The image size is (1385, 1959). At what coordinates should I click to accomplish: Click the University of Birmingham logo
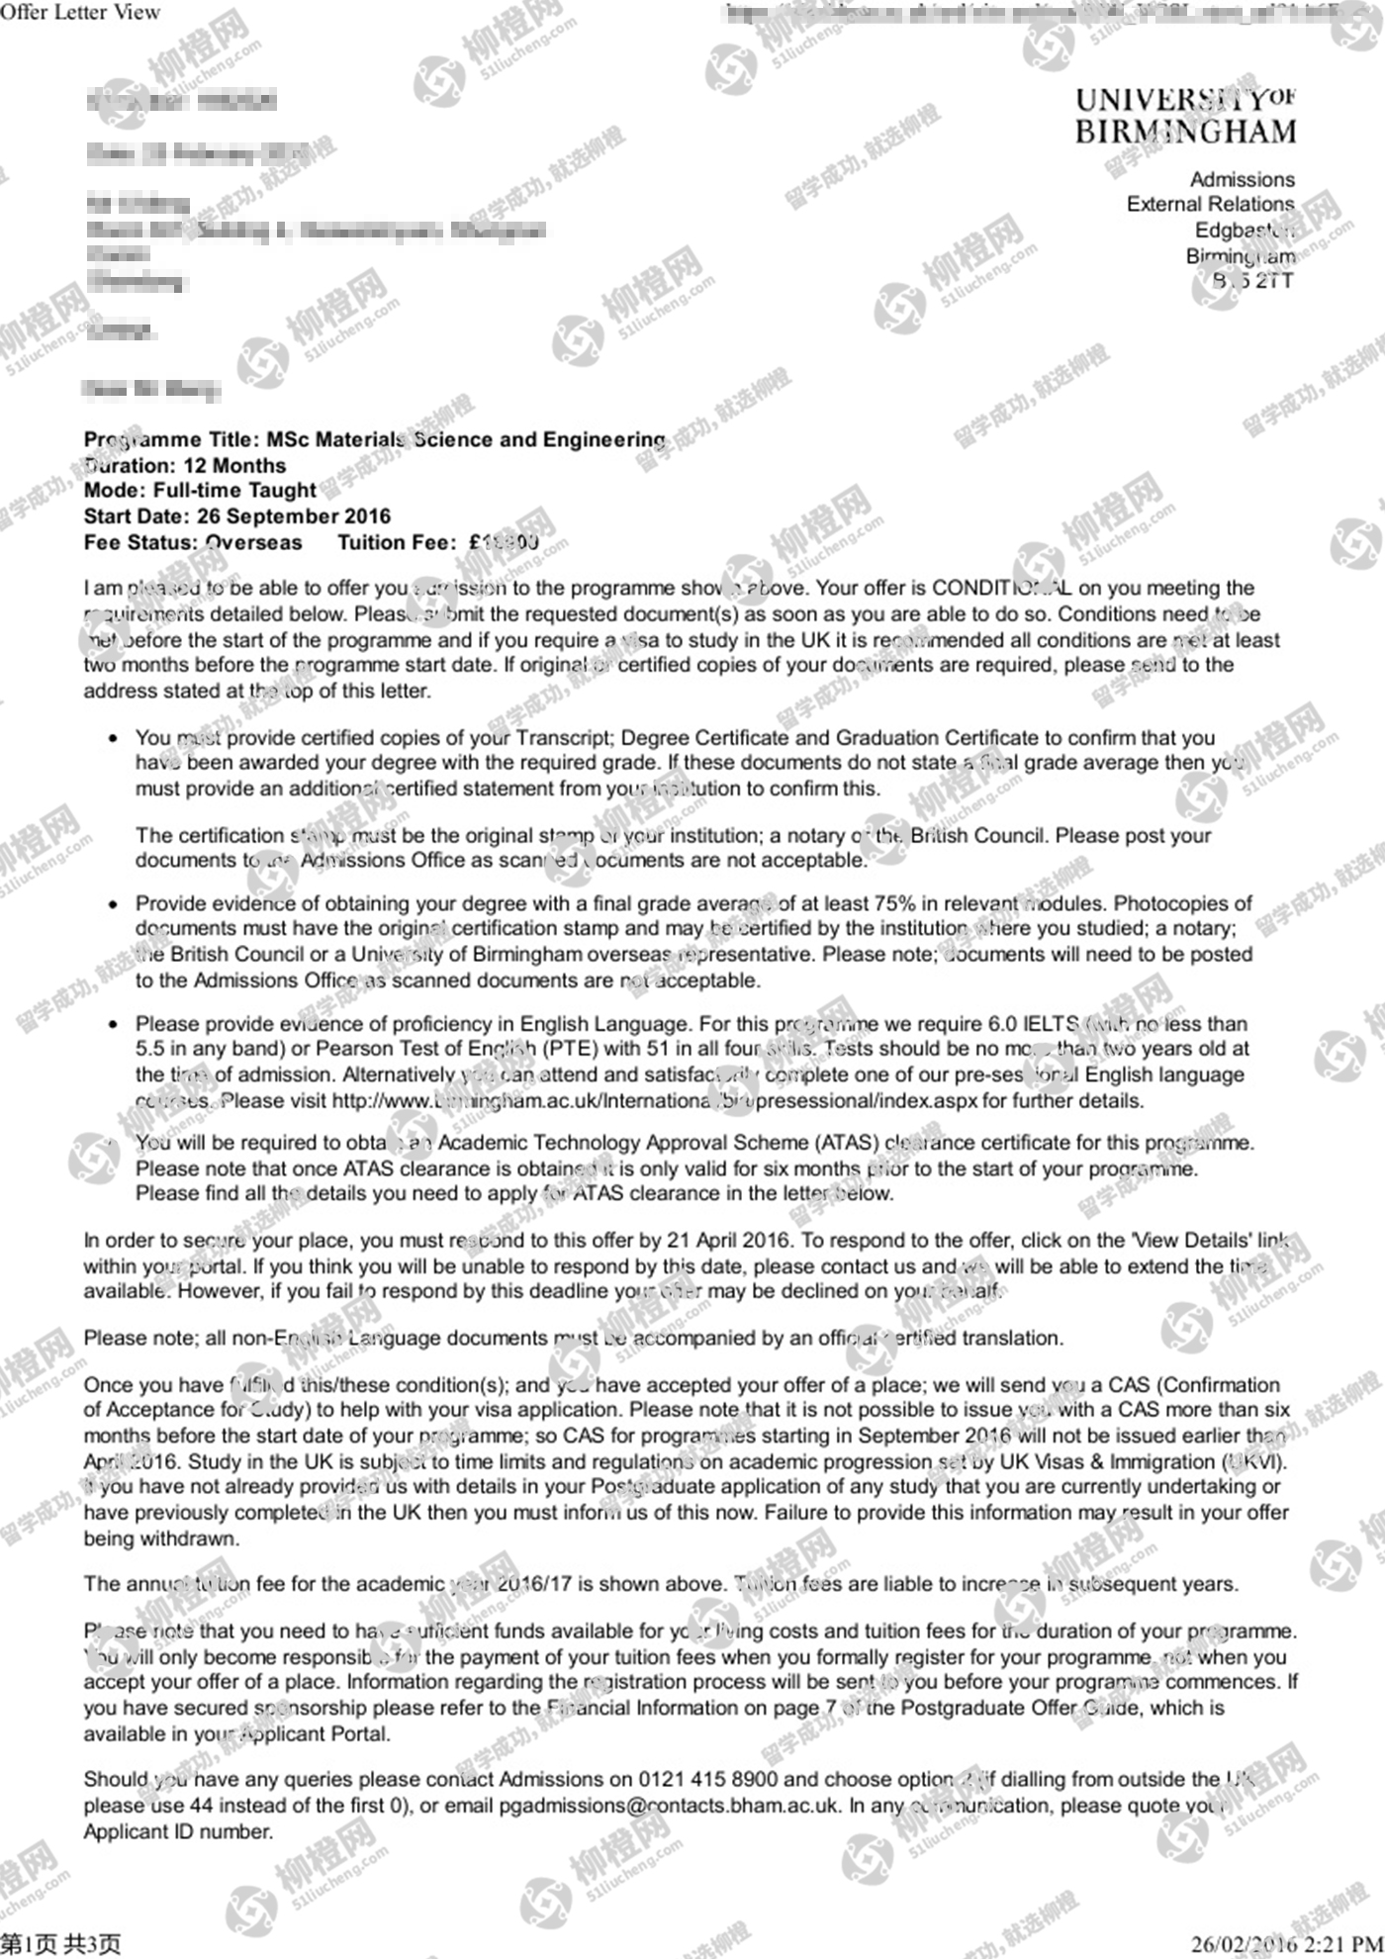point(1185,116)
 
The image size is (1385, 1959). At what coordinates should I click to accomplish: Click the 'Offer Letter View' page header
point(80,13)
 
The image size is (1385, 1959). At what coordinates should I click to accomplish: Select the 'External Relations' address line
point(1210,204)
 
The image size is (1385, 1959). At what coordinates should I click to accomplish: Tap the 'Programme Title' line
point(375,439)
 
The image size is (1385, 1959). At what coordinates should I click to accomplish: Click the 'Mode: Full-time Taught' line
point(200,490)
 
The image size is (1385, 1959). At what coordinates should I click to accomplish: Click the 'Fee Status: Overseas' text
point(193,542)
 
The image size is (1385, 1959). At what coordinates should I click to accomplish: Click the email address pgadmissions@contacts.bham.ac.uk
point(670,1806)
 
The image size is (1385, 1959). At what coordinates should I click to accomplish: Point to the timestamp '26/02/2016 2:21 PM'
point(1286,1944)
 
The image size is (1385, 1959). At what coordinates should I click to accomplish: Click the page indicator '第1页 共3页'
point(60,1944)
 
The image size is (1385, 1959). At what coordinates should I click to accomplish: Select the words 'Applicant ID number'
point(178,1831)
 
